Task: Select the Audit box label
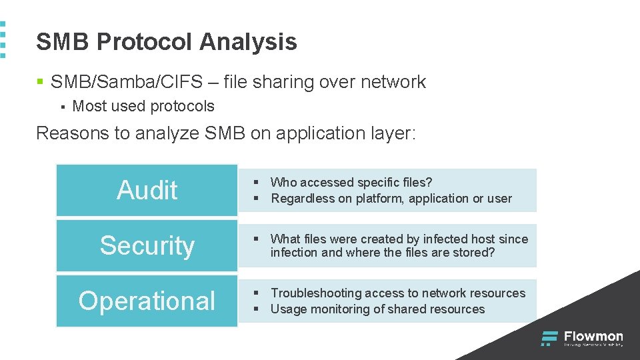coord(147,190)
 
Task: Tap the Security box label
coord(147,245)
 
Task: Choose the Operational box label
coord(147,301)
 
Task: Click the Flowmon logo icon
coord(549,339)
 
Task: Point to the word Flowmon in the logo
coord(593,336)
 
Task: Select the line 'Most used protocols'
coord(143,106)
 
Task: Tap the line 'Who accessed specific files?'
coord(351,182)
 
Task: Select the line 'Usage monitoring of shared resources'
coord(377,309)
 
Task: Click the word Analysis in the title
coord(248,42)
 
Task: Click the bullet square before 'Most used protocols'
coord(61,107)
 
